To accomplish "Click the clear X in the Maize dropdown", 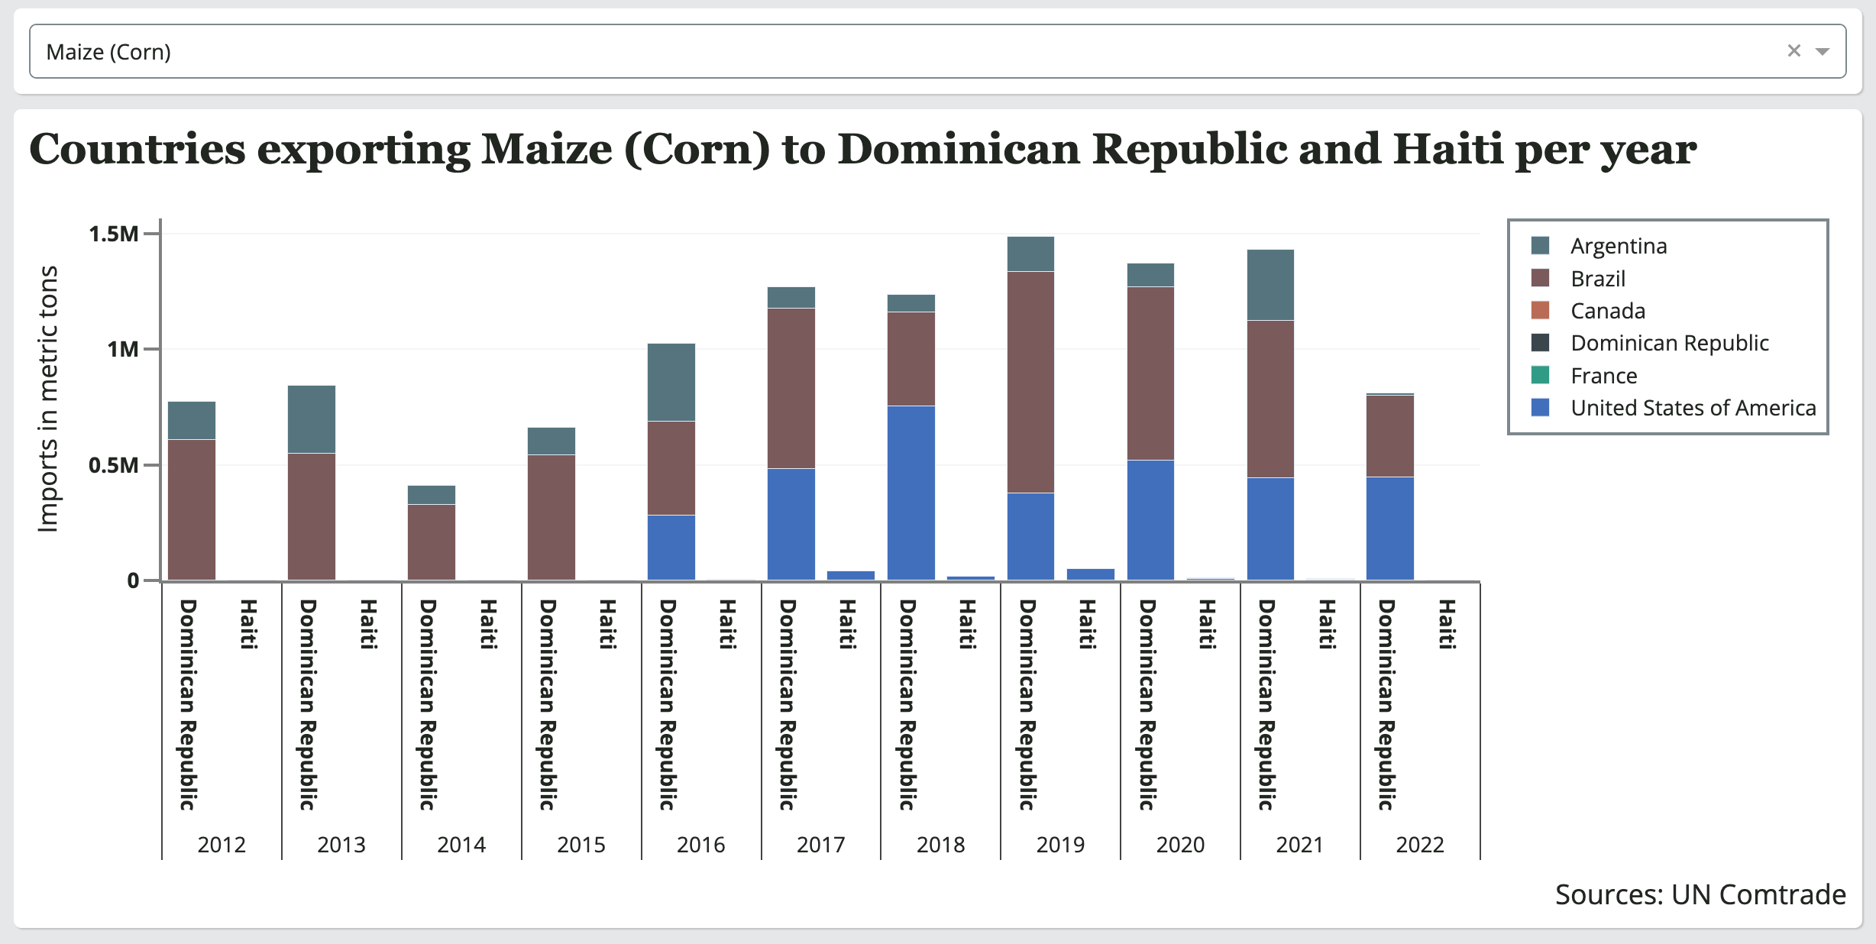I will pos(1794,50).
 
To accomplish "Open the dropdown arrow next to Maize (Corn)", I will pos(1823,51).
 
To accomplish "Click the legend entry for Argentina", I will pos(1618,246).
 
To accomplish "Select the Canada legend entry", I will pos(1607,311).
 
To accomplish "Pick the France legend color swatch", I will pos(1540,375).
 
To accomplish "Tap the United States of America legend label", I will pos(1693,408).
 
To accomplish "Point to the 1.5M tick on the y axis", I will pos(115,234).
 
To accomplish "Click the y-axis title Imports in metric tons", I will pos(47,399).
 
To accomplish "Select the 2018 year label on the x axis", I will pos(940,845).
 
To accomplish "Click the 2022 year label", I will pos(1419,845).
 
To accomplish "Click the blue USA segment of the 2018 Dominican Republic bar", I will pos(911,493).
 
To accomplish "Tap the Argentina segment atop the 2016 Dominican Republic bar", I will pos(671,382).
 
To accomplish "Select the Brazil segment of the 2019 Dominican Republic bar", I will pos(1030,382).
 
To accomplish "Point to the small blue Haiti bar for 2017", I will pos(850,575).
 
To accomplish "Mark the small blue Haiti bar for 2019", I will pos(1090,574).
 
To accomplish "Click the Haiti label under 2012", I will pos(248,624).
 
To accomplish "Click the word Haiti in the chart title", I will pos(1447,149).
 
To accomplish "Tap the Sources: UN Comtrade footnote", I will pos(1700,894).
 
